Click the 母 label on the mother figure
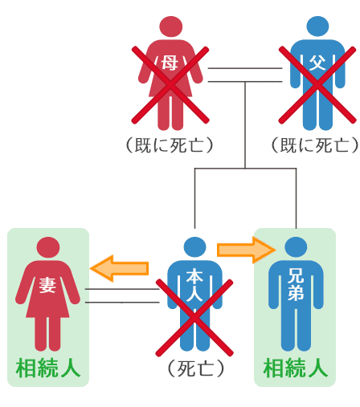[170, 63]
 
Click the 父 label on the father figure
[317, 63]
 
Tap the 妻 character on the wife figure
[47, 284]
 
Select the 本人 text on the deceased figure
[194, 285]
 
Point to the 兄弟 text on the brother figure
[296, 284]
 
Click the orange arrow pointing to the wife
[120, 268]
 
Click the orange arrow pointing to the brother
[246, 250]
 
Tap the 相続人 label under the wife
[48, 368]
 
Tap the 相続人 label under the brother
[296, 368]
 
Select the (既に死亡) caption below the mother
[170, 145]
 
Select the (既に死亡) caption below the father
[315, 145]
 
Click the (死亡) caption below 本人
[196, 368]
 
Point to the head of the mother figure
[171, 26]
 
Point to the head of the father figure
[317, 26]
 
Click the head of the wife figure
[48, 247]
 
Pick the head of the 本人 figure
[195, 247]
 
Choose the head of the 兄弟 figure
[296, 247]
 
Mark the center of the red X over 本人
[194, 318]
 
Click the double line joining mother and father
[245, 75]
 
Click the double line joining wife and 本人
[122, 295]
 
